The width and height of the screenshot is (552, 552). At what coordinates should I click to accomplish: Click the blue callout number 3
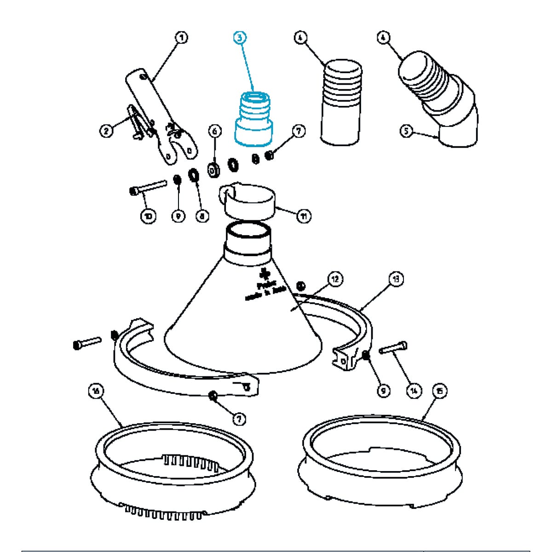239,38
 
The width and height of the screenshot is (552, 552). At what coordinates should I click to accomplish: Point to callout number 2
106,131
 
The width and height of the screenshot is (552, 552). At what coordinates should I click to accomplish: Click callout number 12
336,279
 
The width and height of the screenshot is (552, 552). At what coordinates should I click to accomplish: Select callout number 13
396,279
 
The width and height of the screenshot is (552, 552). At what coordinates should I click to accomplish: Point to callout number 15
440,391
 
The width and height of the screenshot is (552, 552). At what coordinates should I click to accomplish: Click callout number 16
96,391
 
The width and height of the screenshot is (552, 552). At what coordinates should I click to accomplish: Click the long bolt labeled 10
149,187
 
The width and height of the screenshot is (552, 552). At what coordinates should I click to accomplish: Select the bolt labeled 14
394,348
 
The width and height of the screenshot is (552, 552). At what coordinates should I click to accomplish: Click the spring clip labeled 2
138,122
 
